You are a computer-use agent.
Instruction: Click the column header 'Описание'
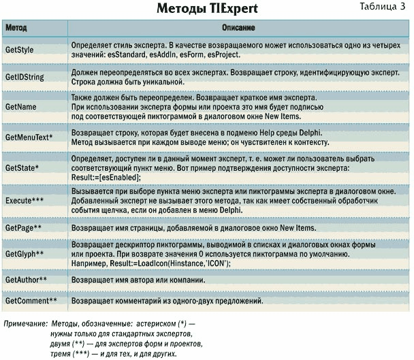(238, 29)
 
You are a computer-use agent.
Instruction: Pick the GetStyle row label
(20, 50)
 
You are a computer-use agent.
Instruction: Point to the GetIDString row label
(25, 77)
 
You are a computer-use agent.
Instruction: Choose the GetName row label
(20, 108)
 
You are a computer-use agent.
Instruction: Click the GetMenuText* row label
(29, 137)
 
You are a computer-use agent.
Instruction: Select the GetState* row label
(22, 167)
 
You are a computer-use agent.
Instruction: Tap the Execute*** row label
(25, 201)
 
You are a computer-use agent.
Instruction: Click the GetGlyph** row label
(25, 254)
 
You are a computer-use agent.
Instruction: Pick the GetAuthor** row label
(27, 279)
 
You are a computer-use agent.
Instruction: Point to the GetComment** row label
(31, 300)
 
